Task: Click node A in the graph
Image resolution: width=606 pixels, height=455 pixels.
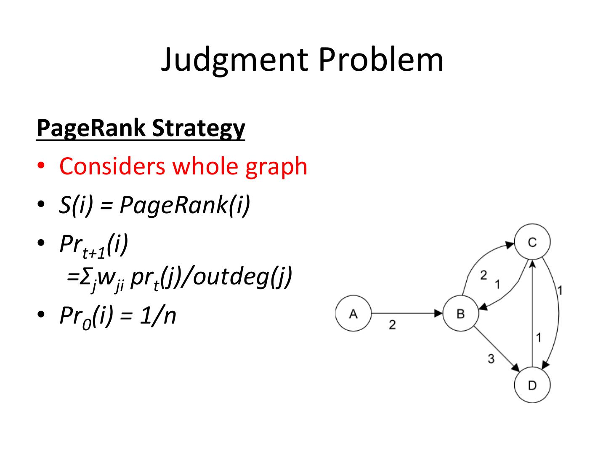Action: [353, 313]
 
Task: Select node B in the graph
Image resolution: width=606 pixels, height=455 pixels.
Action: [460, 313]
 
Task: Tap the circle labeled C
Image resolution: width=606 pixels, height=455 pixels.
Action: [532, 242]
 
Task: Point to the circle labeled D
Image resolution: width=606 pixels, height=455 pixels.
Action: [532, 385]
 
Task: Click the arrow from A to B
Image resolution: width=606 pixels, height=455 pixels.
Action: [407, 313]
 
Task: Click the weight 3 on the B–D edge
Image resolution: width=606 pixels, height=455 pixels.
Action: [491, 359]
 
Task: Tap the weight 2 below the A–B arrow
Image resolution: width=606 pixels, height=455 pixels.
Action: [392, 325]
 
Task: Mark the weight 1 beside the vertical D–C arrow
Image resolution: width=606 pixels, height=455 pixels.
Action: [539, 337]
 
